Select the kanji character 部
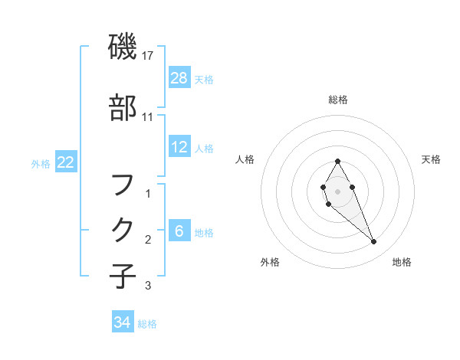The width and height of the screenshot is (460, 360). (123, 108)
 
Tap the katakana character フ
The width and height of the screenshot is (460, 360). (123, 185)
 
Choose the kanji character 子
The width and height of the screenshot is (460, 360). (123, 275)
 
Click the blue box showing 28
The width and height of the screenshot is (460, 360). (179, 78)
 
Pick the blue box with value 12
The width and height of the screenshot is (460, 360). (179, 147)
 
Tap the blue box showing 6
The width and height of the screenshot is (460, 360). (179, 231)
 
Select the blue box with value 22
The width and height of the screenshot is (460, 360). (66, 162)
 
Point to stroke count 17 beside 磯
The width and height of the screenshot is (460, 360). (149, 56)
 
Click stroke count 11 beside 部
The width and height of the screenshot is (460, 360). (149, 117)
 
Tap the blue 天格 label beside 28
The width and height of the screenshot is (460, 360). (204, 79)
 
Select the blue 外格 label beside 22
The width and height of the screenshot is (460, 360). (41, 163)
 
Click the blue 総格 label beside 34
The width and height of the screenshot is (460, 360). (147, 324)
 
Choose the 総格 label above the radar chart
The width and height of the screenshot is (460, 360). (338, 100)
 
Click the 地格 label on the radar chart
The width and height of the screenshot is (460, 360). (402, 263)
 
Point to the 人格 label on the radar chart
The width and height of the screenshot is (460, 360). (245, 160)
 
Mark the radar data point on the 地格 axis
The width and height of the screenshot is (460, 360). (374, 242)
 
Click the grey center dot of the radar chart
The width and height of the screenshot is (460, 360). (337, 191)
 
